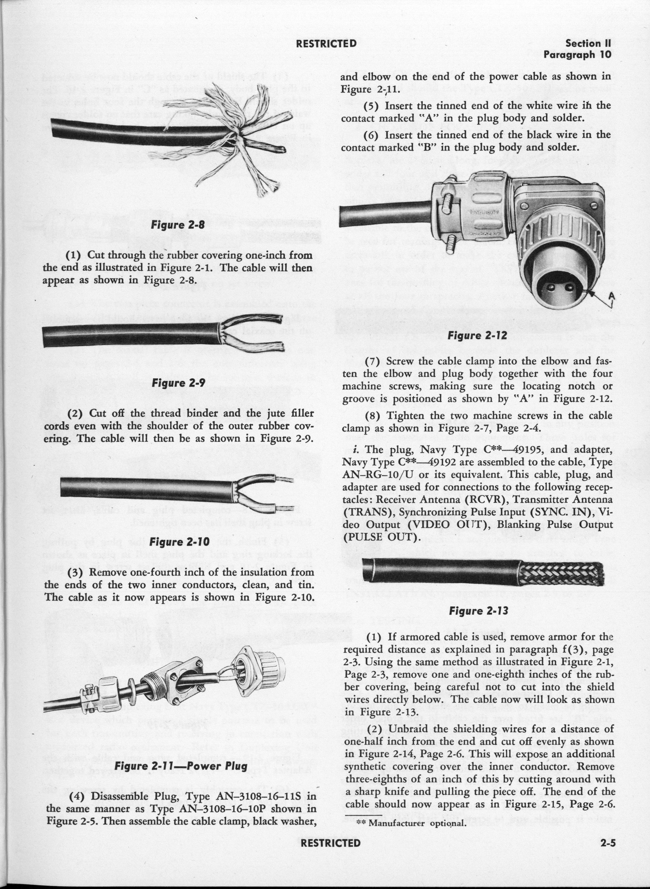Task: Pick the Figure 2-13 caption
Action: [479, 611]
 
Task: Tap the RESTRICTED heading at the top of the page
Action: [326, 43]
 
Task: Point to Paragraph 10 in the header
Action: [578, 55]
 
